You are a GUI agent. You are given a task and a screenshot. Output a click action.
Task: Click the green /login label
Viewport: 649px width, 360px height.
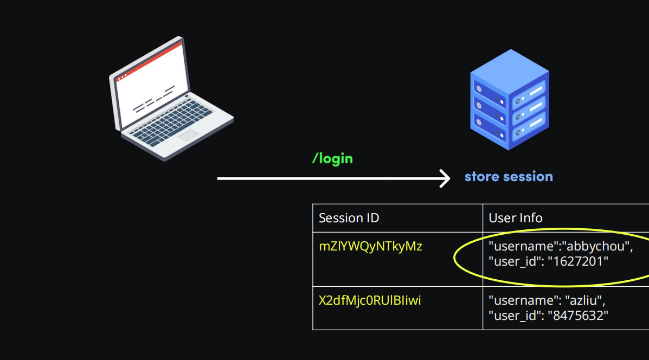332,158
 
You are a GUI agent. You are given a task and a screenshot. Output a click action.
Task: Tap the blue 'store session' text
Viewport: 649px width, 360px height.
509,176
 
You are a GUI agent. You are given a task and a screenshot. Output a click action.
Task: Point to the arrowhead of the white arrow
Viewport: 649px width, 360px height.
446,178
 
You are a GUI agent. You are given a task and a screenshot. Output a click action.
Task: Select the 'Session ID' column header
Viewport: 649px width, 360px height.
349,218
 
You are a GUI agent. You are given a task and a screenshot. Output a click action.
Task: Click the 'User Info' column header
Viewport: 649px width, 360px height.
515,218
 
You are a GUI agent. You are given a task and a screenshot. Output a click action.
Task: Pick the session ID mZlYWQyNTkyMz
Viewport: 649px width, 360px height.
370,246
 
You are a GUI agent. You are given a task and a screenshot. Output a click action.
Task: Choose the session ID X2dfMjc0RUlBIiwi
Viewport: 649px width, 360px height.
370,300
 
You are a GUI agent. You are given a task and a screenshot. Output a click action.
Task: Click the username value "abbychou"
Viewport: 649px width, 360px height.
597,247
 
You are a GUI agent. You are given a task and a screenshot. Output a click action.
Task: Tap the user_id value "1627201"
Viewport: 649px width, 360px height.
578,261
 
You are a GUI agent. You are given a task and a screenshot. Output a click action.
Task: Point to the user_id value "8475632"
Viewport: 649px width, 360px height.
578,315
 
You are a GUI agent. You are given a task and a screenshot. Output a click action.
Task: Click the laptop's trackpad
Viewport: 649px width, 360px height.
188,135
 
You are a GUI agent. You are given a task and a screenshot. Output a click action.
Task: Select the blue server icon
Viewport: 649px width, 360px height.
509,100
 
